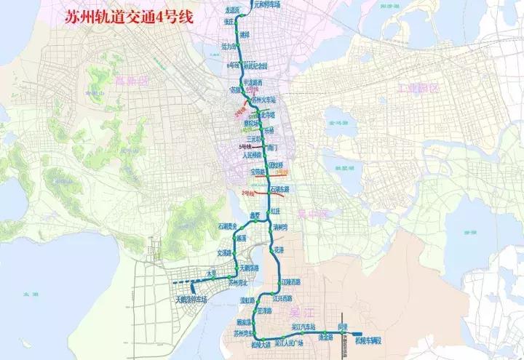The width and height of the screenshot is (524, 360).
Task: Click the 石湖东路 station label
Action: tap(281, 188)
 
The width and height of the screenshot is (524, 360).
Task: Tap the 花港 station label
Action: tap(279, 249)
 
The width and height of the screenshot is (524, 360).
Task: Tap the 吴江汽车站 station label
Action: tap(303, 327)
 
